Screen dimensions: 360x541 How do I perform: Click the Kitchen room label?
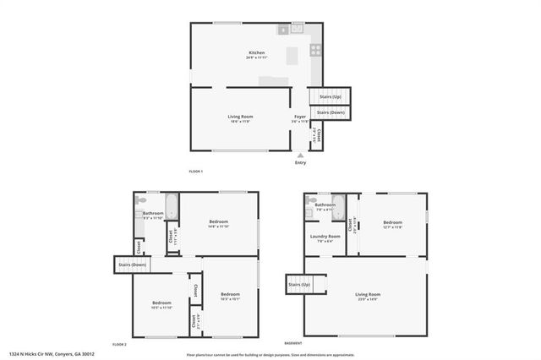250,52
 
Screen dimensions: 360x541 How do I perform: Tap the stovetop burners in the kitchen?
315,50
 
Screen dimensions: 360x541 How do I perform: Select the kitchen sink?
297,28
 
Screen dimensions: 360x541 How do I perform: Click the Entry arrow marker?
300,155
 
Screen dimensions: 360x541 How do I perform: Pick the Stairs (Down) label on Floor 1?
331,112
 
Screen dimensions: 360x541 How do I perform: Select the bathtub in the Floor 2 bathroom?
171,207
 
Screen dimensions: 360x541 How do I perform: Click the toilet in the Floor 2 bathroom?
140,202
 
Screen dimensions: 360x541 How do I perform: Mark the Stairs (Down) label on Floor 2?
131,265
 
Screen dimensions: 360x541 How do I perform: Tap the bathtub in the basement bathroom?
339,207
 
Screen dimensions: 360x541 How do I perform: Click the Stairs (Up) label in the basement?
299,285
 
